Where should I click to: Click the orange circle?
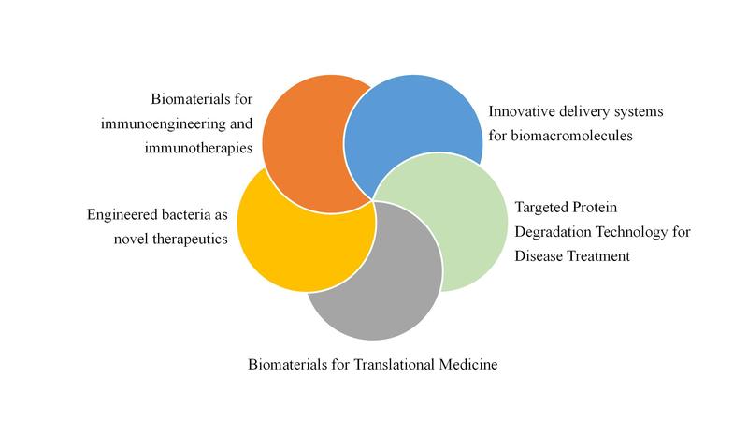(306, 143)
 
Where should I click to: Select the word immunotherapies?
(198, 148)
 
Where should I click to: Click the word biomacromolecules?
(571, 136)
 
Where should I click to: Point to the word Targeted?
(541, 208)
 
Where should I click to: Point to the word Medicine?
(468, 365)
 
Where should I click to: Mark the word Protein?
(595, 208)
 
